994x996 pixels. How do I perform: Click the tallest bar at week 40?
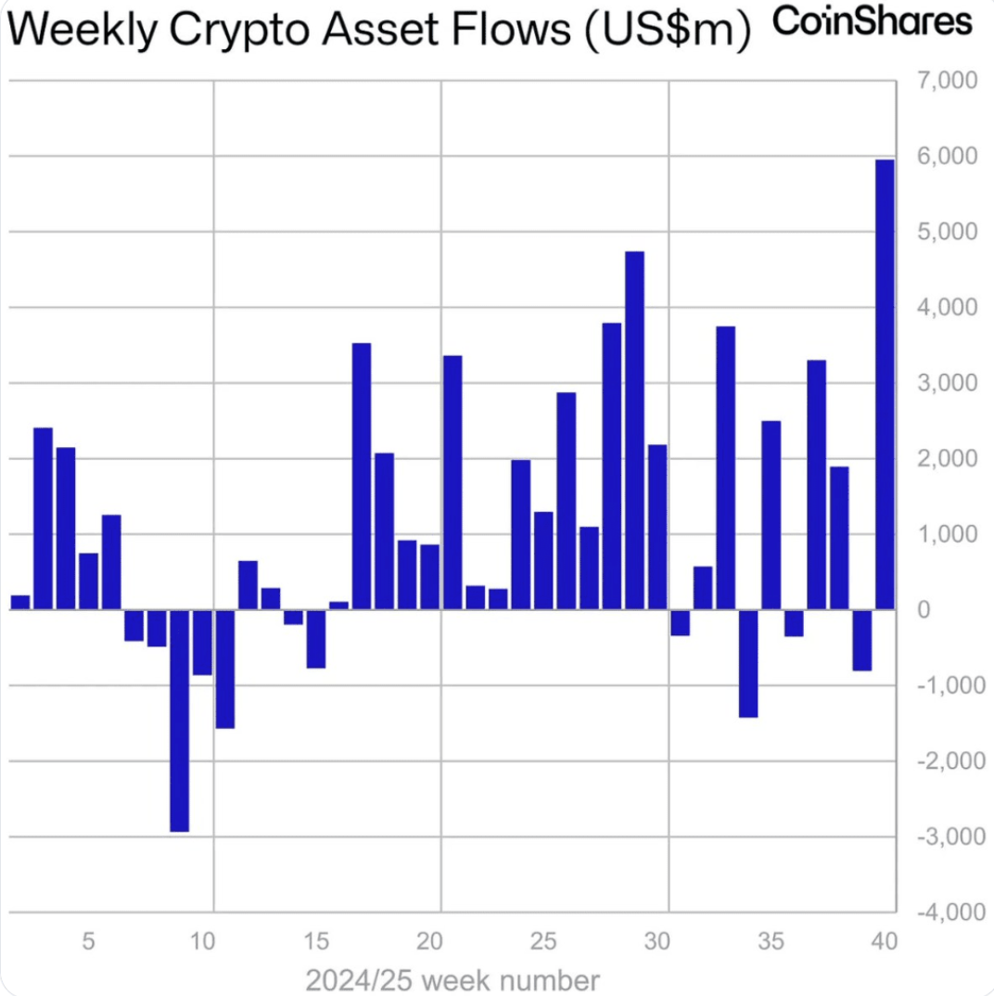tap(885, 384)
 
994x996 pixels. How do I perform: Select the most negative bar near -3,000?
tap(179, 720)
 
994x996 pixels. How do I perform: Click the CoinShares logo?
tap(872, 21)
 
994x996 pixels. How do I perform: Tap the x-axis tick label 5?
tap(88, 942)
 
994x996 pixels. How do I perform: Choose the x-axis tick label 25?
tap(543, 942)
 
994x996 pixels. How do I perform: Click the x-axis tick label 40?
tap(885, 942)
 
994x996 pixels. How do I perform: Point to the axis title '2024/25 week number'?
tap(452, 979)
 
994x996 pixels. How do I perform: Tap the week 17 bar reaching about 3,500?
tap(362, 476)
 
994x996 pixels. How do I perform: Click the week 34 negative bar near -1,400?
tap(748, 663)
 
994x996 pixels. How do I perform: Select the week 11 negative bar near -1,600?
tap(224, 669)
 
